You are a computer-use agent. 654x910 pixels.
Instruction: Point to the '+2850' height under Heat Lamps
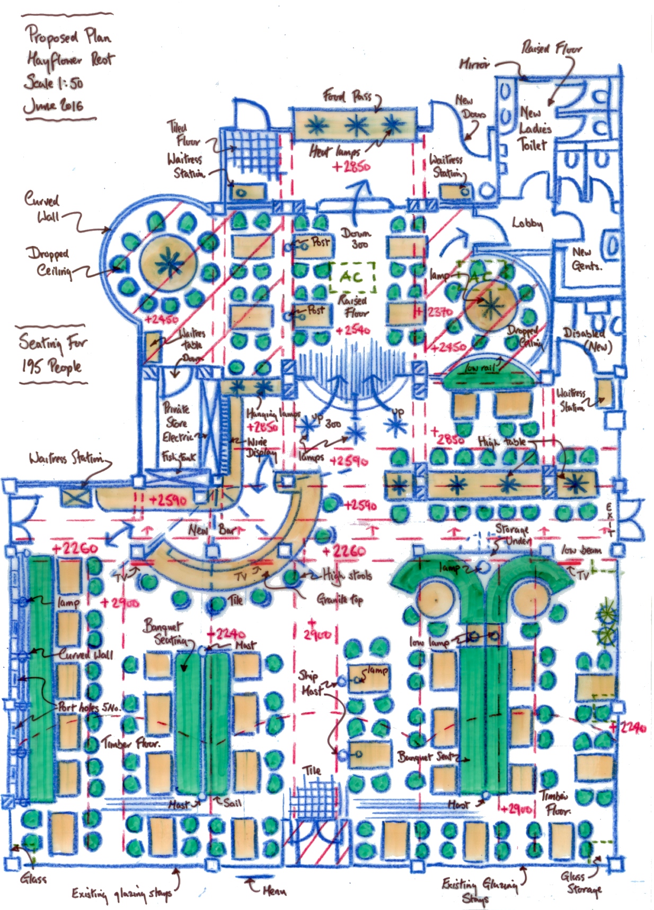click(351, 166)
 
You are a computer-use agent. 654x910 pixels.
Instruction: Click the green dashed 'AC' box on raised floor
click(352, 277)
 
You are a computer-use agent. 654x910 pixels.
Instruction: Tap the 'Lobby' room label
click(527, 223)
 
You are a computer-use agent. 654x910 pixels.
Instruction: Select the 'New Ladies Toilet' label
click(535, 128)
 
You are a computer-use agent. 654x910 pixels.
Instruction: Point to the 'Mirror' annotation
click(474, 64)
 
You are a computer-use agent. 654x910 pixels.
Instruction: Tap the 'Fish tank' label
click(179, 457)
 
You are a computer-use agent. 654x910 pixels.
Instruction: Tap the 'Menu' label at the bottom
click(275, 890)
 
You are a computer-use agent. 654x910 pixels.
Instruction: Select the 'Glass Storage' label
click(582, 882)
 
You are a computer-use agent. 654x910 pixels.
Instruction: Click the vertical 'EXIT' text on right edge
click(609, 519)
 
